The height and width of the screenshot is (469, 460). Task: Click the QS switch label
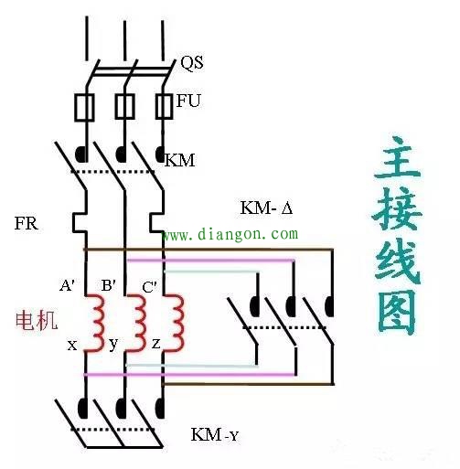pyautogui.click(x=191, y=64)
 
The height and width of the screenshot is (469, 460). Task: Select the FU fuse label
pyautogui.click(x=187, y=101)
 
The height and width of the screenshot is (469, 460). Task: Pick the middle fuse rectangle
pyautogui.click(x=122, y=107)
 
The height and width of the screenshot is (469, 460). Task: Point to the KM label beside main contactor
pyautogui.click(x=180, y=160)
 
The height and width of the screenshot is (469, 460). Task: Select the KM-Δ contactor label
pyautogui.click(x=265, y=208)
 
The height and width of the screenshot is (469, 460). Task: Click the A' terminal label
pyautogui.click(x=68, y=285)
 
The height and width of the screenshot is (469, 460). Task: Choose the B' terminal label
pyautogui.click(x=108, y=285)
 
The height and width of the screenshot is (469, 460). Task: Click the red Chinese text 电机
pyautogui.click(x=36, y=320)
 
